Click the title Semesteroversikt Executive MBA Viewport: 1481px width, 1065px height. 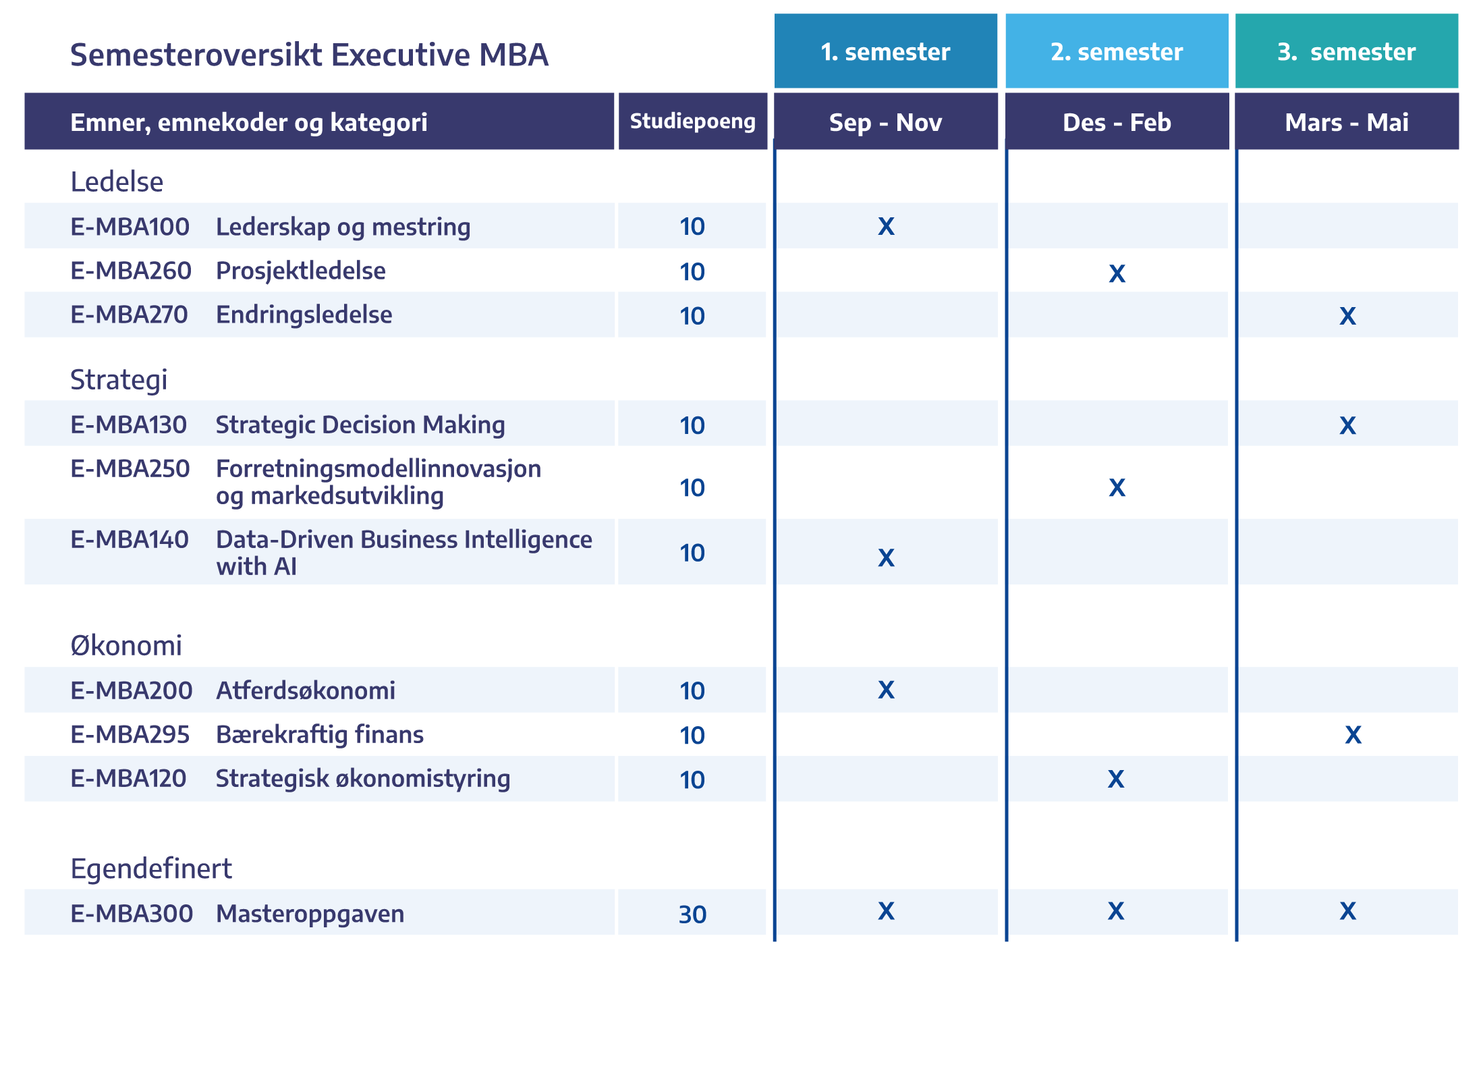309,55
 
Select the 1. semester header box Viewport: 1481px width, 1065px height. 885,51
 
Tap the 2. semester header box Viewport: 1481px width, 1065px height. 1117,51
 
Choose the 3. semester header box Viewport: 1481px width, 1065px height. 1347,51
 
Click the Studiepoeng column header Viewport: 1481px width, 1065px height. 692,121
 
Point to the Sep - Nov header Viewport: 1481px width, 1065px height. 885,121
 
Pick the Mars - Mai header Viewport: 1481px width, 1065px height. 1347,121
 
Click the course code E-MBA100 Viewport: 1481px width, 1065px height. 130,227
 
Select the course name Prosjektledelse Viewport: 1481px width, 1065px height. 301,271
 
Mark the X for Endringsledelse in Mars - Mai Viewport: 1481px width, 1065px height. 1347,316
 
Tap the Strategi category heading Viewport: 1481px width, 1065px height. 119,380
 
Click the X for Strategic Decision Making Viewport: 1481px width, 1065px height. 1347,425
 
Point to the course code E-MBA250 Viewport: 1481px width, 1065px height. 130,468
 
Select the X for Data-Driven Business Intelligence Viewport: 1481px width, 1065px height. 886,557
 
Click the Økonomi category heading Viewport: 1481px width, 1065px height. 126,645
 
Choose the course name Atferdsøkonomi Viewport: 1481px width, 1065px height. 306,690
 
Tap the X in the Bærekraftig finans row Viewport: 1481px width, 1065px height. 1353,734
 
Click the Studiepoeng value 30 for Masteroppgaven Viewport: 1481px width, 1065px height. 692,914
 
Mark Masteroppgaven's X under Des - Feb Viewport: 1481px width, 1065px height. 1116,911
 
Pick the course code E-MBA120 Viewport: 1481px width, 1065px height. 128,778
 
